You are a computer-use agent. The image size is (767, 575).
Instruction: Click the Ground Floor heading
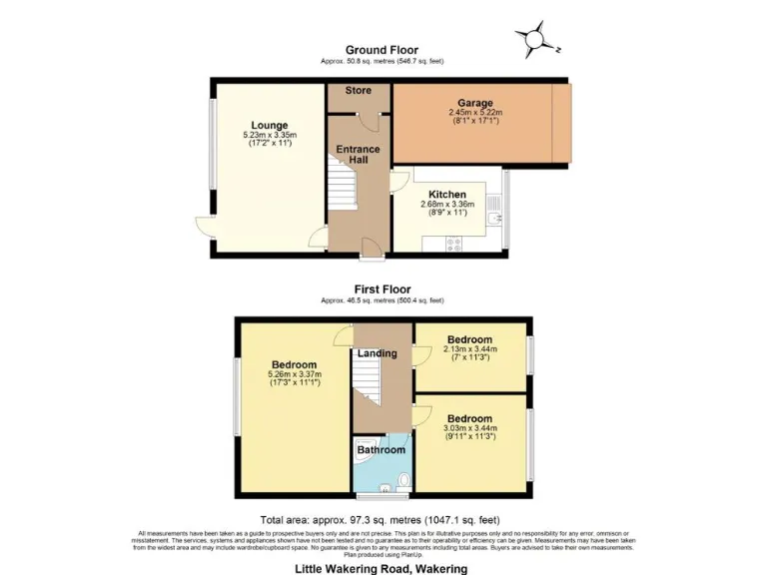tap(382, 49)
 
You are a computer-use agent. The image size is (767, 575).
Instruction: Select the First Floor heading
tap(382, 289)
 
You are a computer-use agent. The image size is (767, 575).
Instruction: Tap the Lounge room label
tap(270, 126)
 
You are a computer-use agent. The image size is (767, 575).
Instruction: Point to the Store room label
tap(359, 91)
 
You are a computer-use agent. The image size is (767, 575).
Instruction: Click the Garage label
tap(475, 102)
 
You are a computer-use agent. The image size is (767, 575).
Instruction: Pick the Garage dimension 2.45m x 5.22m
tap(475, 113)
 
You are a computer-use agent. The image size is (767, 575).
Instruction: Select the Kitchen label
tap(446, 194)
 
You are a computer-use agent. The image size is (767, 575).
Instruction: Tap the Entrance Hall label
tap(358, 156)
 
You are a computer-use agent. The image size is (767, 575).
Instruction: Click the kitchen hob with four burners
tap(452, 243)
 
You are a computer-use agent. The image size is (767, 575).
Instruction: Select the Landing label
tap(378, 353)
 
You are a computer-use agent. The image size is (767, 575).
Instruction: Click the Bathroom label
tap(382, 450)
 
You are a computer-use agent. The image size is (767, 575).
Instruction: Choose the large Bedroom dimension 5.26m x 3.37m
tap(295, 374)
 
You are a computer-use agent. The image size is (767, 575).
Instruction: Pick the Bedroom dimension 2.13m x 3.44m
tap(469, 350)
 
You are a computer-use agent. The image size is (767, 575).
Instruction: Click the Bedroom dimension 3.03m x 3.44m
tap(469, 429)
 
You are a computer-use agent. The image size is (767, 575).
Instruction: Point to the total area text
tap(382, 520)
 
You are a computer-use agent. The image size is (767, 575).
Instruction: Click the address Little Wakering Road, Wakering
tap(382, 568)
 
